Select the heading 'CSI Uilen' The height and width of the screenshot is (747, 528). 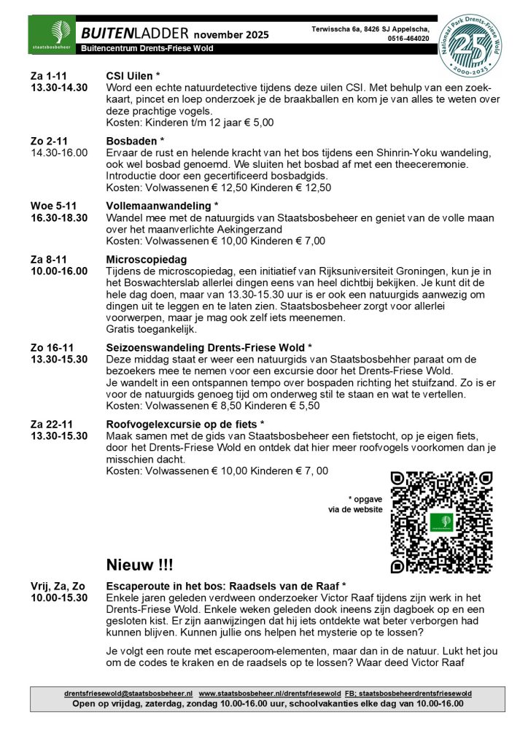tap(133, 75)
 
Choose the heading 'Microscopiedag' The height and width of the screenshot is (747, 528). tap(147, 260)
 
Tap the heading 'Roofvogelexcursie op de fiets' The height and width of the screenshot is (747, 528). tap(185, 423)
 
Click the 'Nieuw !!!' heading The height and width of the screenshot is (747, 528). tap(140, 565)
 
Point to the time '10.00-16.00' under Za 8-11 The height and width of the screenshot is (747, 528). tap(59, 271)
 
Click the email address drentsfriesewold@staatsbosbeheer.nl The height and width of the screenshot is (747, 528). tap(128, 693)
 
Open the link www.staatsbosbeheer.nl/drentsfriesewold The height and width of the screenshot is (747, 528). tap(270, 693)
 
